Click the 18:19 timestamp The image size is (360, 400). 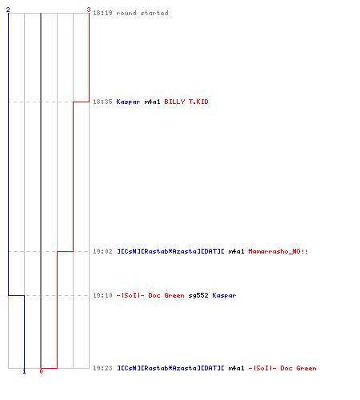(102, 13)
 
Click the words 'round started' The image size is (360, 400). (142, 13)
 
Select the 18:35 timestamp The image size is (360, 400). (102, 102)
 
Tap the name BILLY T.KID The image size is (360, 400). (186, 102)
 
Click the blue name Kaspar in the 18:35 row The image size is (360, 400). (128, 102)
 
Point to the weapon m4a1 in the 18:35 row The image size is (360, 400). (152, 102)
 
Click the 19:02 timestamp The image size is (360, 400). (102, 251)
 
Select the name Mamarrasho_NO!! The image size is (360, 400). (278, 251)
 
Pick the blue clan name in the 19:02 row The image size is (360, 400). (170, 251)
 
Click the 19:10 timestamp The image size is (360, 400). (102, 295)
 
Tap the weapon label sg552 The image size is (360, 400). (198, 295)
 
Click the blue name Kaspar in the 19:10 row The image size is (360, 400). (224, 295)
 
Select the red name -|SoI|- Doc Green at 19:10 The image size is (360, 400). (150, 295)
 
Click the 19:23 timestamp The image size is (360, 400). (102, 368)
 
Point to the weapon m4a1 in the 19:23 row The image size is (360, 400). (236, 368)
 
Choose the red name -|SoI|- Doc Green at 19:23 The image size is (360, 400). (282, 368)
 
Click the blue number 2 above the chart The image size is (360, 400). (8, 10)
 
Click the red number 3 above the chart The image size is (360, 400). (89, 10)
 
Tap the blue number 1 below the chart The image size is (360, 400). (24, 371)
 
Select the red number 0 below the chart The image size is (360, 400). (41, 371)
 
